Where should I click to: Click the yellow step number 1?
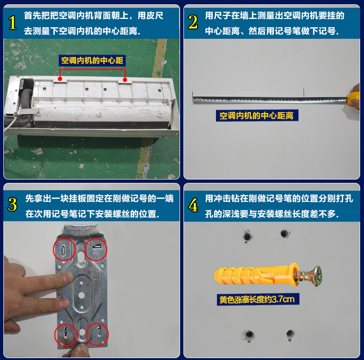pos(13,22)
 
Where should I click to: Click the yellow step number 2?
pos(193,22)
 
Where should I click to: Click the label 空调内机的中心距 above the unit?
pos(92,61)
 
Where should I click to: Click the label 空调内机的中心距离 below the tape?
pos(257,115)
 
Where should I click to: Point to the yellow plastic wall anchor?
pos(252,276)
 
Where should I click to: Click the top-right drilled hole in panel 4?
pos(284,234)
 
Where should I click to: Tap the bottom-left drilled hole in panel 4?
pos(248,335)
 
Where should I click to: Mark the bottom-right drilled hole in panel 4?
pos(290,334)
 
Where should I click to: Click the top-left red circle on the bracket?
pos(65,249)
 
